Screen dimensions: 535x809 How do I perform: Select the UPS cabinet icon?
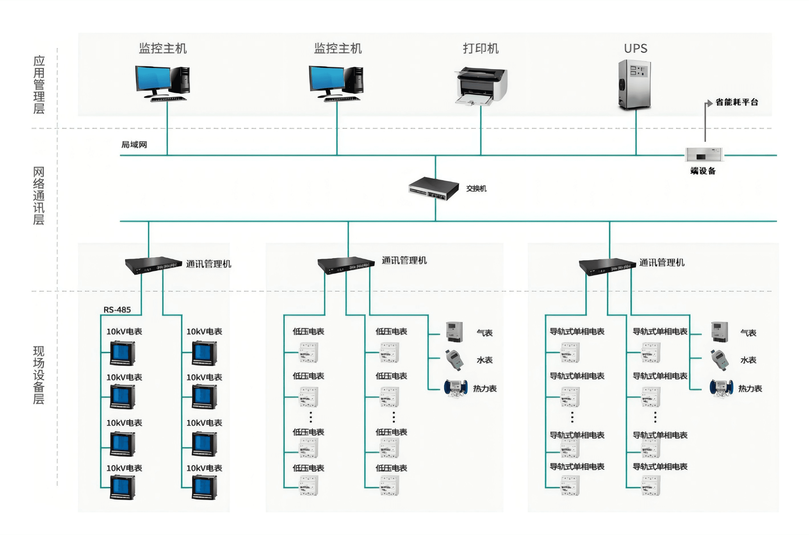(635, 85)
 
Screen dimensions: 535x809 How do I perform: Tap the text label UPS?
(636, 48)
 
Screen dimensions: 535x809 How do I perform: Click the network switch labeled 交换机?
(434, 188)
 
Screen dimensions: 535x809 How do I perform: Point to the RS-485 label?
(117, 310)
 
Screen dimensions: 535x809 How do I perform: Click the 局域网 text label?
(134, 145)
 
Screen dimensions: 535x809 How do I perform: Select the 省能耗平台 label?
(737, 102)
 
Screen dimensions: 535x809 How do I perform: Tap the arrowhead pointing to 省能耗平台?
(709, 102)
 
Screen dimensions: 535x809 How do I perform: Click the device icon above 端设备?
(704, 155)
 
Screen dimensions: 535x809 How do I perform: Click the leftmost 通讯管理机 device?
(153, 265)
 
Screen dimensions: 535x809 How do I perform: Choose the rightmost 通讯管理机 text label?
(662, 262)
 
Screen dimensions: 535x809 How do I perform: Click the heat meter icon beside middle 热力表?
(455, 388)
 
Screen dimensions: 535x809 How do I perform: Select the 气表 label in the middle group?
(485, 333)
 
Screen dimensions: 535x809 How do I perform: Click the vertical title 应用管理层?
(39, 84)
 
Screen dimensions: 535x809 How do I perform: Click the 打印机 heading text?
(481, 48)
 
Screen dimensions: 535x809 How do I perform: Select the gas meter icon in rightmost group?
(719, 332)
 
